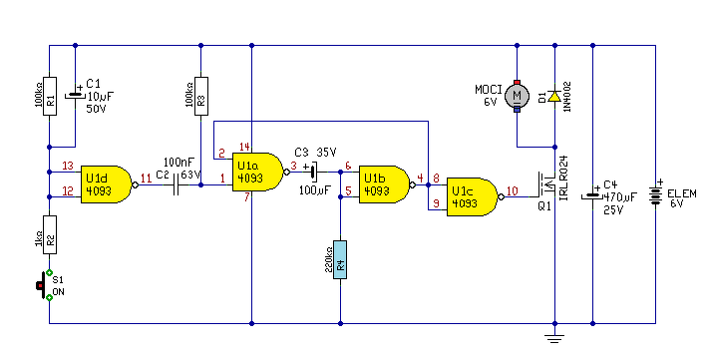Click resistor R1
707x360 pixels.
coord(50,96)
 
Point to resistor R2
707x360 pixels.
coord(50,234)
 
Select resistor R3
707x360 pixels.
coord(201,96)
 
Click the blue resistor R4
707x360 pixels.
coord(340,260)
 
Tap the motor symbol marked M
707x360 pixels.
coord(518,96)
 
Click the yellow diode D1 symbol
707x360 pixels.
coord(554,96)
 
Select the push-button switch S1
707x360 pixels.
coord(44,285)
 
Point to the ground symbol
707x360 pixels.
coord(554,338)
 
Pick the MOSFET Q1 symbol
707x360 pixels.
coord(546,184)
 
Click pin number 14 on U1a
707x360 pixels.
coord(244,147)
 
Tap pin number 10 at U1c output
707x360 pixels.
coord(513,190)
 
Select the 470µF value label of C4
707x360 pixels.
coord(620,197)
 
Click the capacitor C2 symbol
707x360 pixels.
coord(176,184)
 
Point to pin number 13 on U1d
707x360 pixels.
coord(68,166)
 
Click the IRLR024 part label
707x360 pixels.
coord(563,178)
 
